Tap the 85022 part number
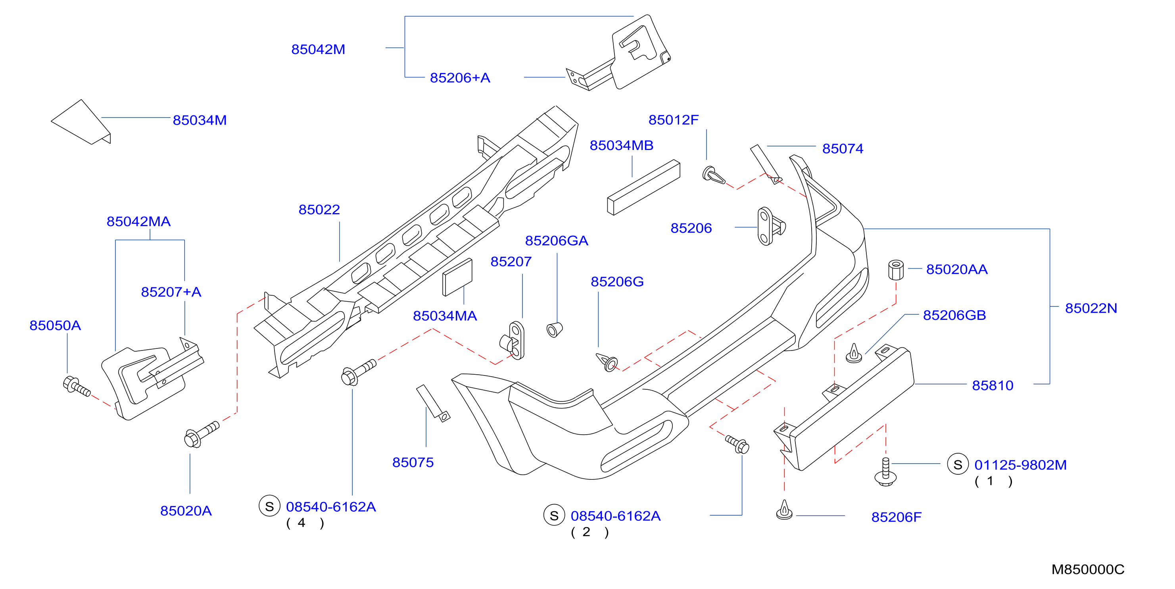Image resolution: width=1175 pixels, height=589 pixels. pos(319,210)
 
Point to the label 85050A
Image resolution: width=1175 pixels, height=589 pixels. pos(55,325)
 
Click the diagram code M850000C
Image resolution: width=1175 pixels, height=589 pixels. pos(1088,570)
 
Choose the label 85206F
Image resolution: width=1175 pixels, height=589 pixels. pos(896,517)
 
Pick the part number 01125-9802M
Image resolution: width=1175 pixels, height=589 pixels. pos(1020,465)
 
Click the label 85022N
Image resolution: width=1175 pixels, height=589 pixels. pos(1091,308)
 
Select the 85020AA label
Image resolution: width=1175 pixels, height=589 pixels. pos(957,269)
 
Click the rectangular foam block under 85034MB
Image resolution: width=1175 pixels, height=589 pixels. pos(643,187)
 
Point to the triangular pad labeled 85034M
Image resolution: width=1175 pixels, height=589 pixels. pos(81,122)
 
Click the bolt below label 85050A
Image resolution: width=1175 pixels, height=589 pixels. pos(76,387)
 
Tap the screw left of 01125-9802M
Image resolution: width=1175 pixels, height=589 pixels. pos(885,472)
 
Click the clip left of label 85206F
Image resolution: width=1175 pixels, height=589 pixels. pos(784,510)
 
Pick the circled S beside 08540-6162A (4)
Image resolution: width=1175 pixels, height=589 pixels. pos(270,506)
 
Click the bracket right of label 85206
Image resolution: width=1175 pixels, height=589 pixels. pos(770,226)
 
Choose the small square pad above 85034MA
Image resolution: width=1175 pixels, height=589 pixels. pos(457,277)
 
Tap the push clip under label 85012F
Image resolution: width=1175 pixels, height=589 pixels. pos(713,175)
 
